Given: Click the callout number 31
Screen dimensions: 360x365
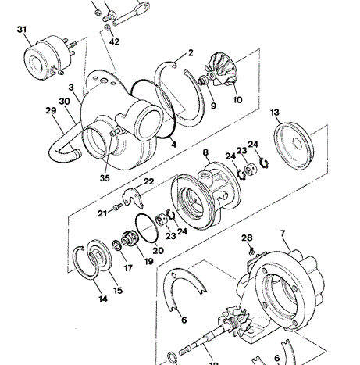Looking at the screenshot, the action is [22, 30].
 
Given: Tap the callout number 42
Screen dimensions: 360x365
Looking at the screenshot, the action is [114, 41].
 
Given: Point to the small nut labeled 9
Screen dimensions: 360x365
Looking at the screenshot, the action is [202, 80].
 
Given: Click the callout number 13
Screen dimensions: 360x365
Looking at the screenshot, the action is [275, 113].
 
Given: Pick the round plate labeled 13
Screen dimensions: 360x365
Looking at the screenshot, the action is [294, 146].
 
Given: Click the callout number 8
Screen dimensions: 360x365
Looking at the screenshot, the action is [205, 152].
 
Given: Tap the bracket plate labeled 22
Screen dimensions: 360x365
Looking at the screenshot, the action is [134, 198].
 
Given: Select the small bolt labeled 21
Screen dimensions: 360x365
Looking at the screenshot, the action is [117, 206].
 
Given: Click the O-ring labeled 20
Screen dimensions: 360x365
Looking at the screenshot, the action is [147, 228].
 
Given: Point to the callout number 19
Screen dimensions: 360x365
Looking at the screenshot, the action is [148, 261].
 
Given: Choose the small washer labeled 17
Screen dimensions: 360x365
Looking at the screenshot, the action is [116, 245].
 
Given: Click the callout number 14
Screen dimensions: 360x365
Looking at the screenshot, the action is [103, 299].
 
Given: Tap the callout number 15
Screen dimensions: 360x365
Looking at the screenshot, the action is [118, 290].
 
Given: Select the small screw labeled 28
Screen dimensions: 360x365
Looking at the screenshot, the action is [251, 251].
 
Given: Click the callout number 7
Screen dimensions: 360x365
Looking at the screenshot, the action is [283, 234].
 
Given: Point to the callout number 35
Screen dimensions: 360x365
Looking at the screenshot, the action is [105, 178].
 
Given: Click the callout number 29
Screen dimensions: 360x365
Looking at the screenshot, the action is [51, 110].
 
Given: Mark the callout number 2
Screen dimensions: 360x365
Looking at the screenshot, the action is [191, 53].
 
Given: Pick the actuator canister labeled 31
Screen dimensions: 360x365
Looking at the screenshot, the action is [48, 58].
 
